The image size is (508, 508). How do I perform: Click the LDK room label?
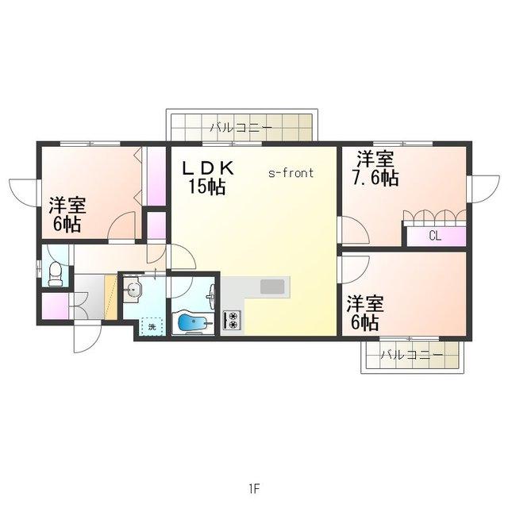pos(208,168)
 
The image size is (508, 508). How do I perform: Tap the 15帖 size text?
pos(207,187)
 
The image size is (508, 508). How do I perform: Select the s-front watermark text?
pos(291,173)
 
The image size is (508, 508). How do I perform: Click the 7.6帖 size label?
pos(375,178)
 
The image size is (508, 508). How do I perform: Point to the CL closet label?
pos(435,236)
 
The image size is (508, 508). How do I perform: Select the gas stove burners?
pos(232,321)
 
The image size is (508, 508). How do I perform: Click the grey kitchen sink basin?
pos(273,287)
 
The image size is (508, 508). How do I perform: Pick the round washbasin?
pos(133,289)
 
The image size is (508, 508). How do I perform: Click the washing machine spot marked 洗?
pos(152,327)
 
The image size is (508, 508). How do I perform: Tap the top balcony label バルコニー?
pos(241,128)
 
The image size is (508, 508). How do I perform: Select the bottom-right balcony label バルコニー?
pos(411,355)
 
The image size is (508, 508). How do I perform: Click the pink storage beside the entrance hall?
pos(55,306)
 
